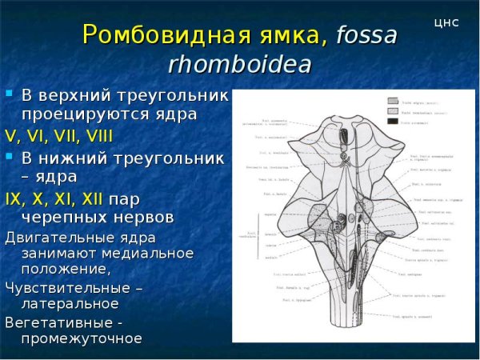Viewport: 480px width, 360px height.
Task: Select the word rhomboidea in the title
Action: click(x=239, y=65)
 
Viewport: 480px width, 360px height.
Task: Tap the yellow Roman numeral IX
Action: click(x=15, y=197)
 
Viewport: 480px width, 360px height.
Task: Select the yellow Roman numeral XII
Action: click(x=90, y=197)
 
